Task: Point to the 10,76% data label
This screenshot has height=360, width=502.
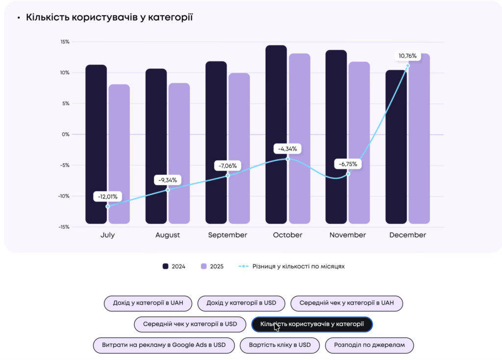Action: click(x=407, y=56)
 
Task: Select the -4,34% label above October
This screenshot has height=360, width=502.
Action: click(x=288, y=149)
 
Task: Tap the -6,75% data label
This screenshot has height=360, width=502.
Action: click(x=349, y=164)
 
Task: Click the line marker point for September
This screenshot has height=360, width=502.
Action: click(x=227, y=176)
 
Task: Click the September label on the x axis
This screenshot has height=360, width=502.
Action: click(x=227, y=235)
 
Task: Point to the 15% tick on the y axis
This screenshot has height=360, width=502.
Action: click(x=65, y=42)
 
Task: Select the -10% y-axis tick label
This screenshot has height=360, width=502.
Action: click(x=64, y=196)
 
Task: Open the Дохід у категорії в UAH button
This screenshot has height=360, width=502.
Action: click(x=148, y=303)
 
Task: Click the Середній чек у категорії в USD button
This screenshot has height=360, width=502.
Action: click(x=190, y=324)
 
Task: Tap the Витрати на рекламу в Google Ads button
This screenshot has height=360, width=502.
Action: click(x=164, y=345)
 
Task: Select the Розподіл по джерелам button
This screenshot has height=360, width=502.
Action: click(x=370, y=345)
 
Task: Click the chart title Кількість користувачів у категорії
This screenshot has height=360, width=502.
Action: click(x=109, y=18)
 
